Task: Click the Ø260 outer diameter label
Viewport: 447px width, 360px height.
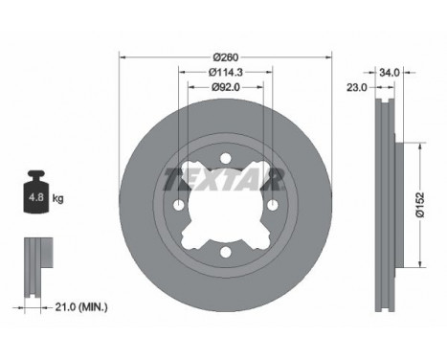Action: [x=226, y=57]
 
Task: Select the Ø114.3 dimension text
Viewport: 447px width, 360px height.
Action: [x=226, y=73]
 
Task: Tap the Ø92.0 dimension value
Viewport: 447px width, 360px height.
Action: [x=226, y=87]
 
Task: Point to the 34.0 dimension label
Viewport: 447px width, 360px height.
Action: [x=390, y=73]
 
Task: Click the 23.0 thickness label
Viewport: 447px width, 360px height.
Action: [x=357, y=87]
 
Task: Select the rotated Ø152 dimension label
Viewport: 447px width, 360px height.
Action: [x=420, y=205]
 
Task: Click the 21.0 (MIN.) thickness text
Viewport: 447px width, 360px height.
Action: [x=81, y=307]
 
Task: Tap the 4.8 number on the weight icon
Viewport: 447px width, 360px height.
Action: [x=36, y=197]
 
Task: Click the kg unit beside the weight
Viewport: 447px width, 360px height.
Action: [x=57, y=198]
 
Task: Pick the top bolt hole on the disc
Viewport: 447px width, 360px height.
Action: [x=226, y=158]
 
